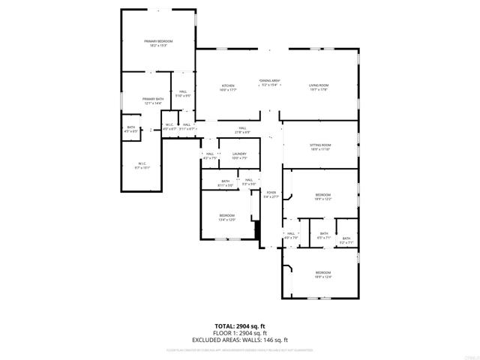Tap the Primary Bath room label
(x=153, y=100)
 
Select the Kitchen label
(x=228, y=87)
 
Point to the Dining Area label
(x=270, y=82)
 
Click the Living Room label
(x=319, y=87)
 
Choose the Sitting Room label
(x=320, y=147)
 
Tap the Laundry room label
(x=239, y=155)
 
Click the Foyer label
(x=271, y=194)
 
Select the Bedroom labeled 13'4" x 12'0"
(x=226, y=217)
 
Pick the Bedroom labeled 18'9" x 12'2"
(x=322, y=196)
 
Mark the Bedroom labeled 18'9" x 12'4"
(x=322, y=274)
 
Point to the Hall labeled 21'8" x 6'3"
(x=243, y=130)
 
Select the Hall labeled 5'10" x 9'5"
(x=182, y=94)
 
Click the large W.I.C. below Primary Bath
(x=142, y=165)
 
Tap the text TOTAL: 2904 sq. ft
(x=240, y=326)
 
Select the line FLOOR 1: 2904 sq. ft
(x=240, y=333)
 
